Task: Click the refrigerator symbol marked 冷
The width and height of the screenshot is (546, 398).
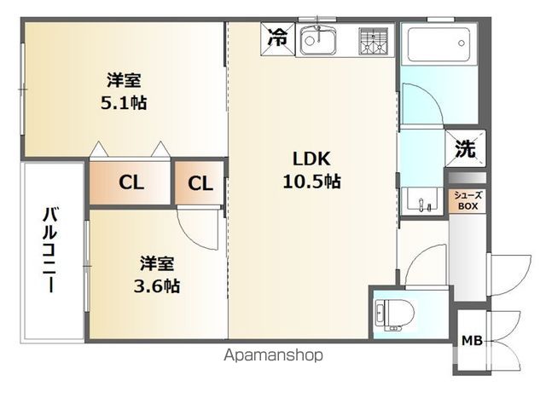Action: [278, 37]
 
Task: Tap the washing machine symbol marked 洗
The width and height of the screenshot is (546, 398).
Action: [465, 148]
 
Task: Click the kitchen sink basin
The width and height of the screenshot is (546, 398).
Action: [317, 39]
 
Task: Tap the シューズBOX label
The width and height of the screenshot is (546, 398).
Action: [466, 200]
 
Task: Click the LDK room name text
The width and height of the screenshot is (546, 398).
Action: [311, 159]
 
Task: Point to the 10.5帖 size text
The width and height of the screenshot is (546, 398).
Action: [311, 181]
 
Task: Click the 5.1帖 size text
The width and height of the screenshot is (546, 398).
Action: [124, 103]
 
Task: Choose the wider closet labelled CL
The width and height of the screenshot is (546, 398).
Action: [131, 182]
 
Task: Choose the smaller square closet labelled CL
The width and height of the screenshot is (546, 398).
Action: [200, 182]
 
